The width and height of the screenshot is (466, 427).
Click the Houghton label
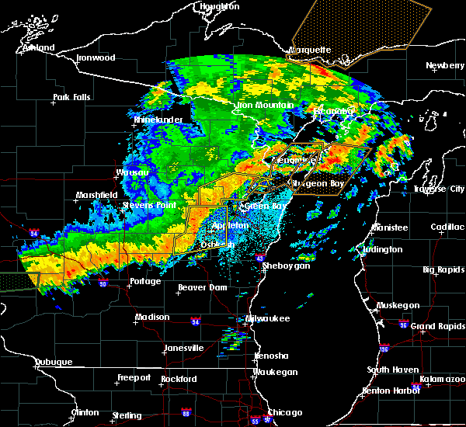coord(219,6)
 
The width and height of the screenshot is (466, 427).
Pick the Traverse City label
coord(438,189)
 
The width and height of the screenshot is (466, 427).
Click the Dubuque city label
coord(53,362)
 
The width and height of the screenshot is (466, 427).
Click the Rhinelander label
coord(158,120)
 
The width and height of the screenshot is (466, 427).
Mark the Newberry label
coord(445,66)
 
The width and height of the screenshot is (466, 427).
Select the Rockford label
coord(179,379)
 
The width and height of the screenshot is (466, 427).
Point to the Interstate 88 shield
coord(186,413)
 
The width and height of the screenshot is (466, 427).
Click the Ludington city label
coord(381,250)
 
